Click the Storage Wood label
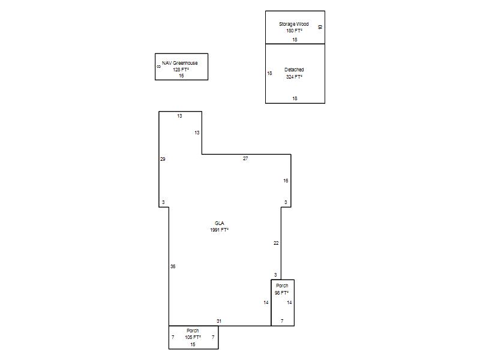tap(293, 24)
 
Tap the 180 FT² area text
tap(294, 31)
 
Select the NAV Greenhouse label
tap(179, 63)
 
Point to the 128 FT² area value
tap(181, 70)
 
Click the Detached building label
tap(294, 70)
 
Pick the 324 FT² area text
tap(294, 77)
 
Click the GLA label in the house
tap(219, 223)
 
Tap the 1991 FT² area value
tap(219, 230)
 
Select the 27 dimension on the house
tap(245, 158)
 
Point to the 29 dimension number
tap(163, 159)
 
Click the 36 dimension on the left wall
tap(173, 266)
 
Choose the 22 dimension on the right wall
tap(276, 243)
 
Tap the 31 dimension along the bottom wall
tap(219, 321)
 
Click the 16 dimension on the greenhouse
tap(181, 76)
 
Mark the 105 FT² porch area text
tap(193, 337)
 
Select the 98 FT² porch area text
tap(281, 293)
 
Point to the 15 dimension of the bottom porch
tap(193, 344)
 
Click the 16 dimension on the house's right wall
tap(286, 181)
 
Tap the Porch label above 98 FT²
tap(282, 286)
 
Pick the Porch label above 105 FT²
tap(193, 331)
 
